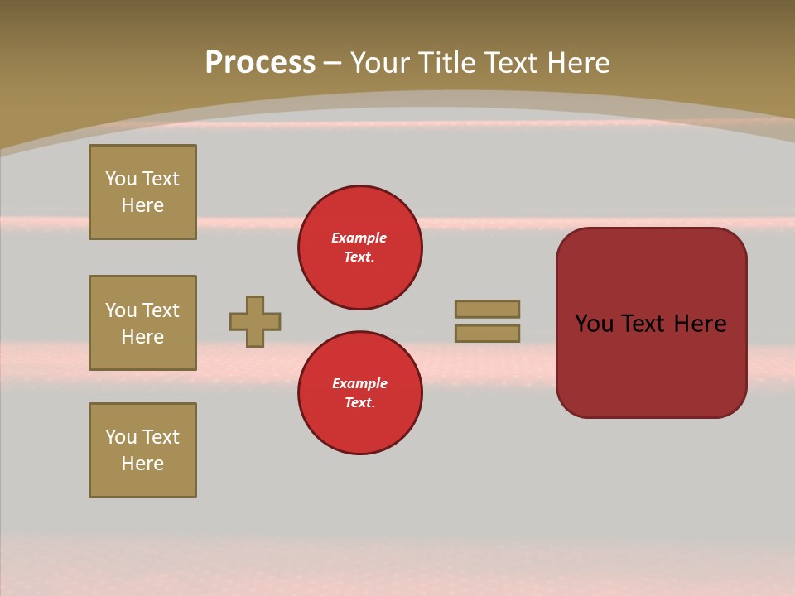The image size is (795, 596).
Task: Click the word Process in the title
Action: pyautogui.click(x=260, y=63)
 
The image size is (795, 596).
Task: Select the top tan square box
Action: pyautogui.click(x=142, y=192)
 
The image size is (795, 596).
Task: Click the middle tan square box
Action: pyautogui.click(x=142, y=323)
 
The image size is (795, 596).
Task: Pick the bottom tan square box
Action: pyautogui.click(x=142, y=450)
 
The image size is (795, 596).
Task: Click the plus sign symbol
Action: pyautogui.click(x=255, y=321)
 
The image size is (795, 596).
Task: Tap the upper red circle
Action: pyautogui.click(x=360, y=248)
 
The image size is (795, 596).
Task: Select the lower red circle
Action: pyautogui.click(x=360, y=393)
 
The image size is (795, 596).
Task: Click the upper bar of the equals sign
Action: pyautogui.click(x=487, y=309)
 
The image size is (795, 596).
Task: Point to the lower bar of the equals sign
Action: pyautogui.click(x=487, y=333)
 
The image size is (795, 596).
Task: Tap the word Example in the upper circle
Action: pyautogui.click(x=359, y=238)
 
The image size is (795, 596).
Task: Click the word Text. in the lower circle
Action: pyautogui.click(x=359, y=403)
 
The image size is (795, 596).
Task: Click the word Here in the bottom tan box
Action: pyautogui.click(x=142, y=464)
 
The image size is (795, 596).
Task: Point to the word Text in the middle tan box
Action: pyautogui.click(x=161, y=310)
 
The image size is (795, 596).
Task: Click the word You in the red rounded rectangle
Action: pyautogui.click(x=594, y=324)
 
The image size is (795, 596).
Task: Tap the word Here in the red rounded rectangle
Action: pyautogui.click(x=700, y=324)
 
